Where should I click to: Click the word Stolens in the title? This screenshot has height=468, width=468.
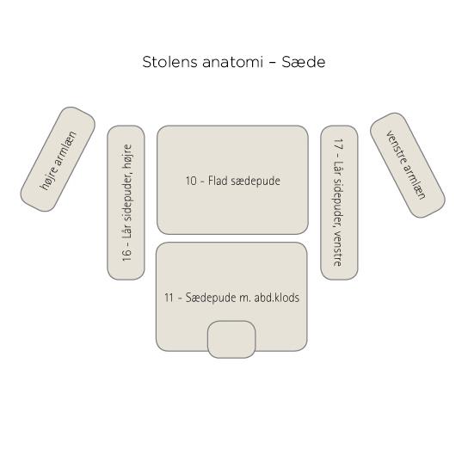[x=169, y=62]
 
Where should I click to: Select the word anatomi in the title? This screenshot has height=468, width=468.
[x=232, y=63]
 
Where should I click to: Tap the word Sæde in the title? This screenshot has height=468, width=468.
[x=303, y=62]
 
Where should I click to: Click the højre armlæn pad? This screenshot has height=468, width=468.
[x=58, y=159]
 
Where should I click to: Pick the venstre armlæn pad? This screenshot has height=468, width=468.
[x=408, y=165]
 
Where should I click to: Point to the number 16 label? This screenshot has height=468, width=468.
[x=126, y=255]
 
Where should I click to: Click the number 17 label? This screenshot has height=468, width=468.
[x=338, y=145]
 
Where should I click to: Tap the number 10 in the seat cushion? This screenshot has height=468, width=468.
[x=191, y=181]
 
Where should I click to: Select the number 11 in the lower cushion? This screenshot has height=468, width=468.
[x=169, y=298]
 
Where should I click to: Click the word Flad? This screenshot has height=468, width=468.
[x=218, y=181]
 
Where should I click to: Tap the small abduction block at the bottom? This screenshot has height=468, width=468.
[x=231, y=339]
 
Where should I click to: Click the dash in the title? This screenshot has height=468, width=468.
[x=272, y=63]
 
